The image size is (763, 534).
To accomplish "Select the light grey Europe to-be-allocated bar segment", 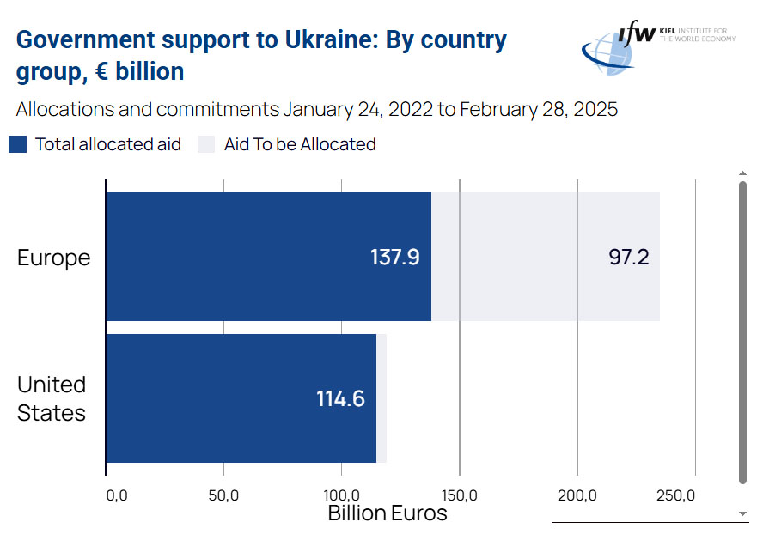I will [x=545, y=257].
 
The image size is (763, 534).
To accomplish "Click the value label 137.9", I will [x=394, y=258].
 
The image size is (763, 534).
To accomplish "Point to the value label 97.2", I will [x=629, y=258].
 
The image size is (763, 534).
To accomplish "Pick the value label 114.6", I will [x=340, y=399].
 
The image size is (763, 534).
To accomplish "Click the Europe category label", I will [x=53, y=258].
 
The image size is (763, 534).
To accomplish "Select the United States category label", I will [x=52, y=398].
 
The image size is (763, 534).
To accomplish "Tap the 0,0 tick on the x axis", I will [x=116, y=495].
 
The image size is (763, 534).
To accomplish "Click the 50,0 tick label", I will [x=223, y=495].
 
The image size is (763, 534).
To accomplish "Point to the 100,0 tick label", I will [x=341, y=495].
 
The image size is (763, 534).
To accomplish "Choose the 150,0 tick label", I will [x=460, y=495].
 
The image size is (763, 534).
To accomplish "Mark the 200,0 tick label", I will [x=577, y=495].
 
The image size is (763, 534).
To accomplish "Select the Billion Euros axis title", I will [x=388, y=513].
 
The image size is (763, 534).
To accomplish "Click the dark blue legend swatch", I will [x=18, y=144].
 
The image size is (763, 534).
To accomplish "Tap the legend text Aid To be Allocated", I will [x=300, y=144].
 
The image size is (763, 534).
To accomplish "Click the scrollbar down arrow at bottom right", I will [x=743, y=513].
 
